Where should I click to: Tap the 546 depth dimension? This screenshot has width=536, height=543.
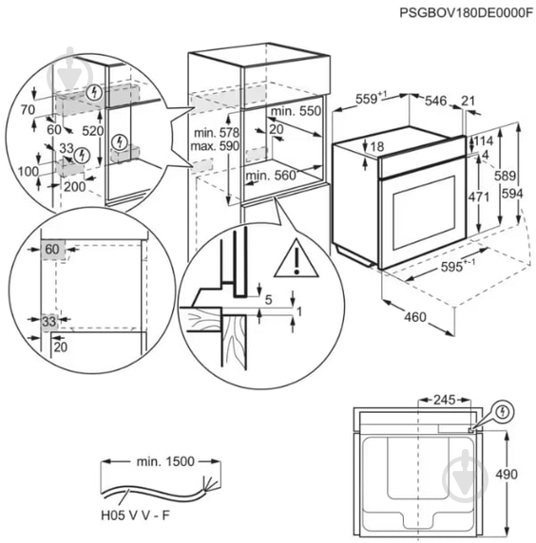pyautogui.click(x=435, y=98)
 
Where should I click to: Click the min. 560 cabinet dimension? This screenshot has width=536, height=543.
pyautogui.click(x=271, y=175)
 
